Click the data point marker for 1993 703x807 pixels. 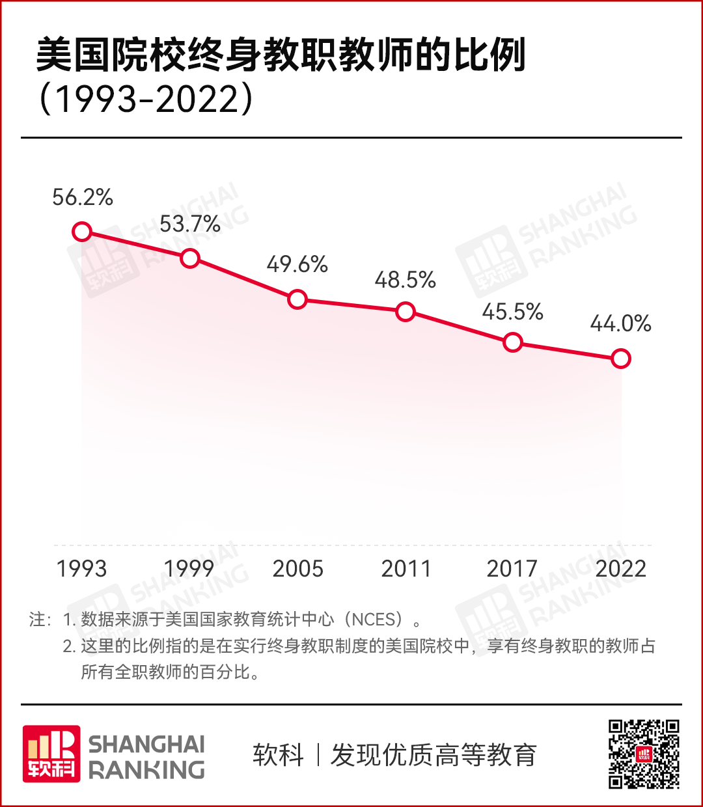[82, 232]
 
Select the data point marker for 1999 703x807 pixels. [189, 258]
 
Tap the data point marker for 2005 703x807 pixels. [297, 299]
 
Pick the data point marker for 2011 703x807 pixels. [406, 312]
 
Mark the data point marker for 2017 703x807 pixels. [513, 342]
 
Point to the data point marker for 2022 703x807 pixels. [621, 359]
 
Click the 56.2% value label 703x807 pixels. [83, 197]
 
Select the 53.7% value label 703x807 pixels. [190, 225]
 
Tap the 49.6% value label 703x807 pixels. [297, 265]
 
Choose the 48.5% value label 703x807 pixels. [405, 280]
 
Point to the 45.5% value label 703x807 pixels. [513, 312]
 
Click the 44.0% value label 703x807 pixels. [620, 324]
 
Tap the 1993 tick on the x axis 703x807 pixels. [82, 569]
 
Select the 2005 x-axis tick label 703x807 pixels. [298, 569]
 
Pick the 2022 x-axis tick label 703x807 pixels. [620, 569]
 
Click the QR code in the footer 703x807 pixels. [644, 754]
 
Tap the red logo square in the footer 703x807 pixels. [52, 754]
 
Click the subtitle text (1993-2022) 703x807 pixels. [146, 100]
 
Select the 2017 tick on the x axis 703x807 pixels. [512, 569]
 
